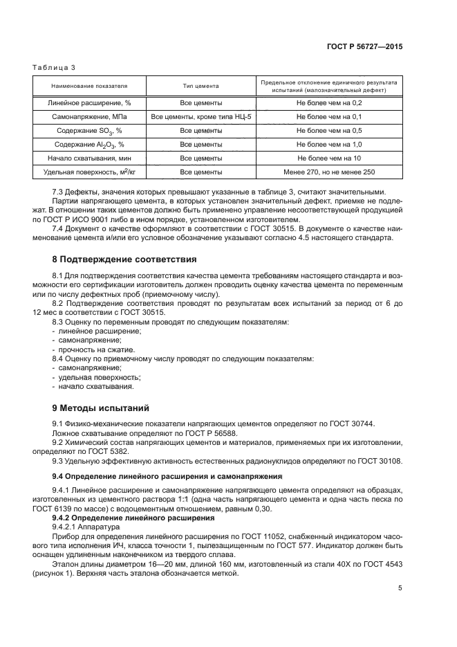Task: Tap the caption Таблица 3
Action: (54, 67)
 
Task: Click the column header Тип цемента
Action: (200, 86)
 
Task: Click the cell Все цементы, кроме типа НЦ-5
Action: (200, 116)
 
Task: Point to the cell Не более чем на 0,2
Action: (329, 102)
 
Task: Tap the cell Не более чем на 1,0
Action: (329, 144)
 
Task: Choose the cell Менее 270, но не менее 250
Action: (329, 172)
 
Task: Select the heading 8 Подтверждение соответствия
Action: (124, 259)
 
